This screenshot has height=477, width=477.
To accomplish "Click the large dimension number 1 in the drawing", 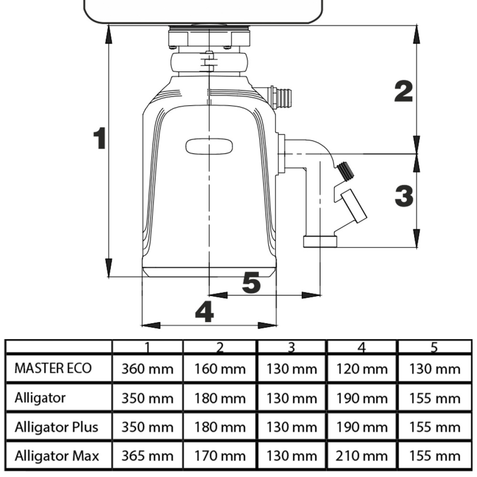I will click(99, 138).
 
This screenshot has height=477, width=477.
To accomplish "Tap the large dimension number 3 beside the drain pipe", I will click(404, 196).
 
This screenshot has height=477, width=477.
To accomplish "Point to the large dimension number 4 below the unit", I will click(205, 313).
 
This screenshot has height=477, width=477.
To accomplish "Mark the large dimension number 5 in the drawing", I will click(251, 283).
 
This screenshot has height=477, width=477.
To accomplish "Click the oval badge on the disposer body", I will click(209, 146).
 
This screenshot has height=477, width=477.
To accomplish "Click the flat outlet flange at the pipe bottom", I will click(320, 242).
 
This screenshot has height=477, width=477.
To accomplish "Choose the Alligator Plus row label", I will click(56, 426).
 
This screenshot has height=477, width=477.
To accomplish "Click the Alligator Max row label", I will click(57, 456).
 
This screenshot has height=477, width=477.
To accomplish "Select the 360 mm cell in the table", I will click(147, 369).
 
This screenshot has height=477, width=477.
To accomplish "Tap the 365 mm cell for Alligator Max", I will click(147, 456).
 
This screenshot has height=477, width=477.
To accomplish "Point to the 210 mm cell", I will click(362, 456).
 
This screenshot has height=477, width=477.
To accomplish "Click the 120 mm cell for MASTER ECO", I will click(362, 369).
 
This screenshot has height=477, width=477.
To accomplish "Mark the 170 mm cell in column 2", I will click(220, 456).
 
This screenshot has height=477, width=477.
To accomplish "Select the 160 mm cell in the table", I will click(220, 369).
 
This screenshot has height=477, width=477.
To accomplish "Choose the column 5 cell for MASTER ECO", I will click(434, 369).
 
